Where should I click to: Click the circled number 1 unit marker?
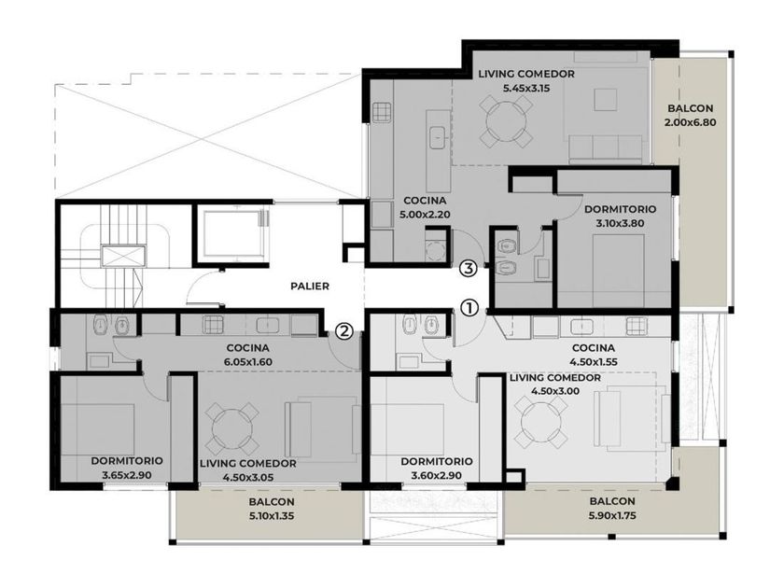click(469, 308)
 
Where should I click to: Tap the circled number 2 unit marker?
click(343, 330)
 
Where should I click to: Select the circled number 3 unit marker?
click(468, 269)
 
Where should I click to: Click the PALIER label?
click(310, 287)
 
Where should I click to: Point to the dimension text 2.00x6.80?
click(691, 122)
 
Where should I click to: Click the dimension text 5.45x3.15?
click(526, 89)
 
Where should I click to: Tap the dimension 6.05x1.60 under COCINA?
click(248, 362)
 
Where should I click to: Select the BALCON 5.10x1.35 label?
click(272, 509)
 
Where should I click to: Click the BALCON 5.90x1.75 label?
click(612, 509)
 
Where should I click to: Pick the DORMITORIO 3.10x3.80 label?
click(620, 216)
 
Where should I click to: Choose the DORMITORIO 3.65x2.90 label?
click(127, 468)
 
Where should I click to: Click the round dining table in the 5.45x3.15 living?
click(506, 122)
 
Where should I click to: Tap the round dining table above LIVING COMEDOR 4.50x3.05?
click(231, 428)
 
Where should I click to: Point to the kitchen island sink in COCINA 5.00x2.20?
click(439, 137)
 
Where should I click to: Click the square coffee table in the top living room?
click(605, 99)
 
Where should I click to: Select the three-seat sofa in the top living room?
click(606, 148)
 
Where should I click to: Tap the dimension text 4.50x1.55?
click(593, 362)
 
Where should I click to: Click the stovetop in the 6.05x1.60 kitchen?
click(213, 325)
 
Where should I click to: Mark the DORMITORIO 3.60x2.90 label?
click(437, 468)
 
